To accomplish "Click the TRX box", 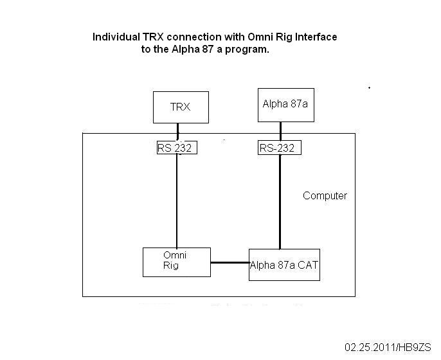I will click(x=181, y=107).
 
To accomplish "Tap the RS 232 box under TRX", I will click(x=175, y=148).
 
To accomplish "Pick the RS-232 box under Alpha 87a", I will click(x=279, y=148).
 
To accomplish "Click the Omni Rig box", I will click(x=176, y=261).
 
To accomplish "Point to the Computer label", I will click(x=325, y=195).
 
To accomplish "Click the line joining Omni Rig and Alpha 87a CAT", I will click(x=230, y=262).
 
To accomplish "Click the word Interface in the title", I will click(x=314, y=37).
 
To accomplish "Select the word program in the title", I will click(x=247, y=50).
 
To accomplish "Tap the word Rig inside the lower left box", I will click(x=170, y=265).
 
